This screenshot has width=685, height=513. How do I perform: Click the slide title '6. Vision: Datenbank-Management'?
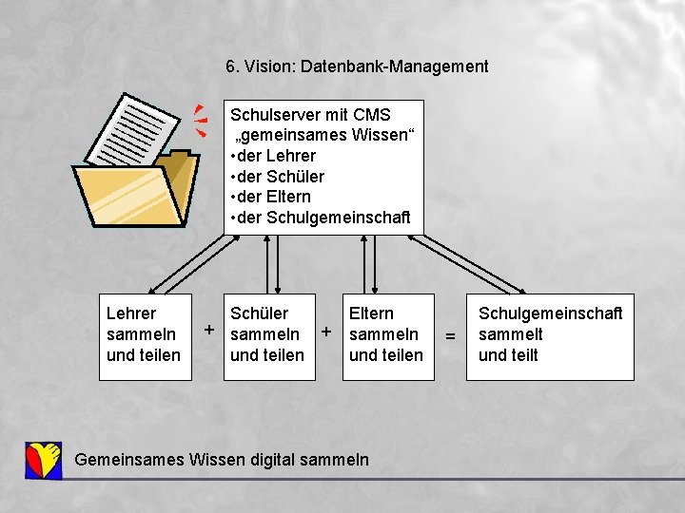coord(357,66)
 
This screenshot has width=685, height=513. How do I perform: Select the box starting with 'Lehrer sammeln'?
coord(145,336)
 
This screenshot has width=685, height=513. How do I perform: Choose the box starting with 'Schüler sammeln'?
coord(268,336)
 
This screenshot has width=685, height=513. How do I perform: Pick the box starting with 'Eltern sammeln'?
coord(387,336)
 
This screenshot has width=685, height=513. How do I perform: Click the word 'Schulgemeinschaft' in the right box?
coord(550,313)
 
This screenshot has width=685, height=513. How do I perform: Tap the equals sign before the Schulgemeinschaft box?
coord(451,336)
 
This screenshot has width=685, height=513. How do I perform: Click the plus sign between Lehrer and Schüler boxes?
coord(208,331)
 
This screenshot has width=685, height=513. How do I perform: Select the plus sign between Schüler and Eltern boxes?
coord(326,332)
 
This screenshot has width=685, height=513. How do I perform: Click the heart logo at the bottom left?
coord(44,460)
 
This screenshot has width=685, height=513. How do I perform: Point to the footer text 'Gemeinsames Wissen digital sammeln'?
coord(222,460)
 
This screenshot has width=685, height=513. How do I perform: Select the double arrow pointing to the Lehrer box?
coord(186,263)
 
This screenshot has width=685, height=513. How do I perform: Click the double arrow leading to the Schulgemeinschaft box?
coord(472,263)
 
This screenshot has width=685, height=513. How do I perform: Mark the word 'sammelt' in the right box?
coord(511,334)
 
